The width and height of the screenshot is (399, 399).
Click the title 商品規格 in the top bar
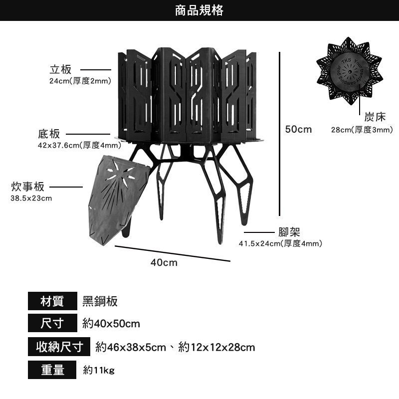tap(199, 10)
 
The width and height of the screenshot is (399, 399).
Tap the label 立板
tap(61, 70)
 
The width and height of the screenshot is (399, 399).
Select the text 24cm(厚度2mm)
tap(80, 81)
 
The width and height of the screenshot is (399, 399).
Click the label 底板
tap(49, 134)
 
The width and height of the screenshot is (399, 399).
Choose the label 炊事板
tap(28, 187)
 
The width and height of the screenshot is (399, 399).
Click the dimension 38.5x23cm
tap(31, 199)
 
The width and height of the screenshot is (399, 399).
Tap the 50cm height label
tap(298, 130)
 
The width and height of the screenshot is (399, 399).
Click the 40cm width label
tap(164, 262)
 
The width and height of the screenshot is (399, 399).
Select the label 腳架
tap(289, 232)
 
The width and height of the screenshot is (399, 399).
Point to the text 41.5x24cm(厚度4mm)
tap(280, 243)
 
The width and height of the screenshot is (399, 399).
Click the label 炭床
tap(375, 117)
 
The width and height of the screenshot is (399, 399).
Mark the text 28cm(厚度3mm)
tap(362, 130)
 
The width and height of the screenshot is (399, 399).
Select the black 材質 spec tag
tap(52, 301)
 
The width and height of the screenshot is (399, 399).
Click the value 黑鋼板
tap(100, 301)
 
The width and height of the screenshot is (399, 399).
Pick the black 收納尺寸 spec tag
tap(59, 347)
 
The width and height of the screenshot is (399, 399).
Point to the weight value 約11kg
tap(99, 370)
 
